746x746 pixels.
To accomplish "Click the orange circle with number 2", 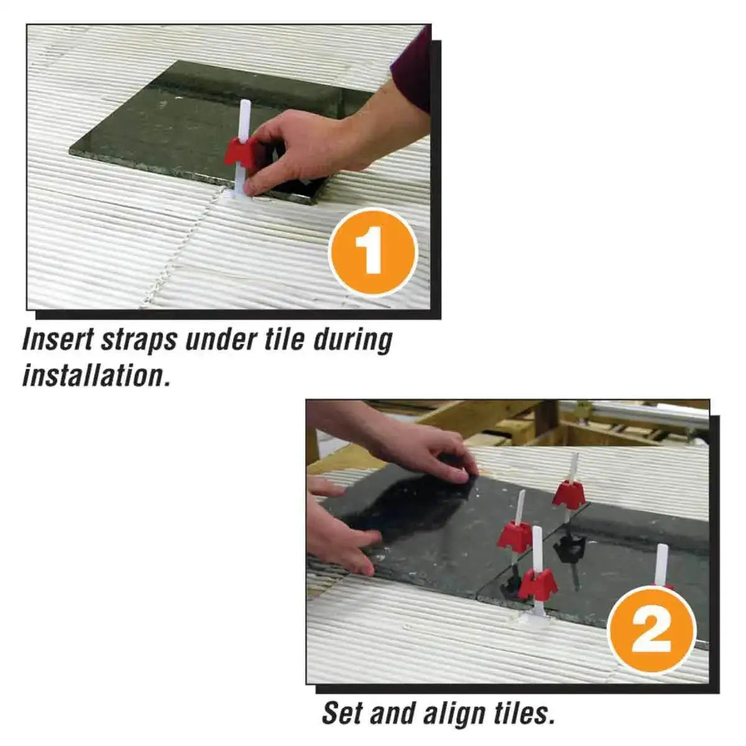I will (651, 630).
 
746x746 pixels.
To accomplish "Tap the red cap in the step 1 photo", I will (241, 152).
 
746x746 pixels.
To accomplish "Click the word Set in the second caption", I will (343, 713).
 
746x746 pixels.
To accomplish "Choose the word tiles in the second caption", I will (523, 713).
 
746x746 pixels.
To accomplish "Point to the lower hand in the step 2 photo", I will (339, 535).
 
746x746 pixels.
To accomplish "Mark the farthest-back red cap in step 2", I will (568, 494).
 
